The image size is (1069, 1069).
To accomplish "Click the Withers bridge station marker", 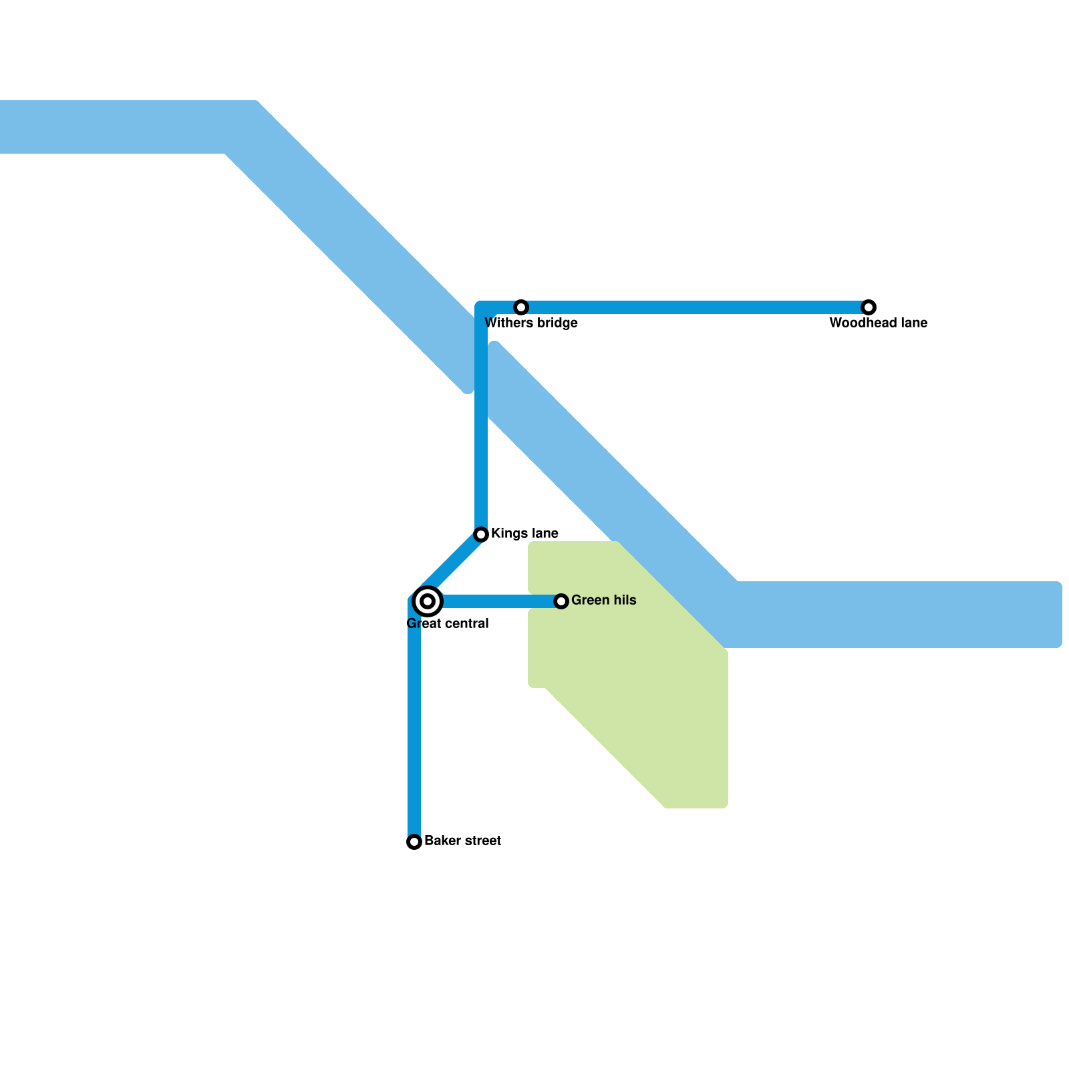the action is (x=521, y=307).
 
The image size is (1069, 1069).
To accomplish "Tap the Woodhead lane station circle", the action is (x=868, y=307).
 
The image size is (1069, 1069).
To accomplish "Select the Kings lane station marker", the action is (x=481, y=534).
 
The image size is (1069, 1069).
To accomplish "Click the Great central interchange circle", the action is (x=428, y=601).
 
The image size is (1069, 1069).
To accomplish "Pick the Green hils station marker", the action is (x=561, y=601).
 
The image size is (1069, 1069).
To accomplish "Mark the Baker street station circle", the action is (x=414, y=842).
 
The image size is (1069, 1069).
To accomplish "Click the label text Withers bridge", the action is (x=530, y=323).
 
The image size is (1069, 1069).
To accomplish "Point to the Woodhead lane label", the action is (x=878, y=323).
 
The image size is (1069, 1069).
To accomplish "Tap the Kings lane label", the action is (x=524, y=534).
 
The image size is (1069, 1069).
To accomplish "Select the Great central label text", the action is (x=448, y=624).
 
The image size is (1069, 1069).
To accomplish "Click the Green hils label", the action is (x=603, y=601).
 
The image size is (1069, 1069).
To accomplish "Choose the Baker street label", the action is (x=462, y=841).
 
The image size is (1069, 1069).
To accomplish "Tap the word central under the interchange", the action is (x=464, y=624).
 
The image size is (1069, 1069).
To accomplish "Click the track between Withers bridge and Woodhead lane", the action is (x=695, y=307).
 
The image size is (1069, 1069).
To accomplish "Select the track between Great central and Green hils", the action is (x=501, y=601).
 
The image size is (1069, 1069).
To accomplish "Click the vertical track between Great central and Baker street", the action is (x=414, y=722).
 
